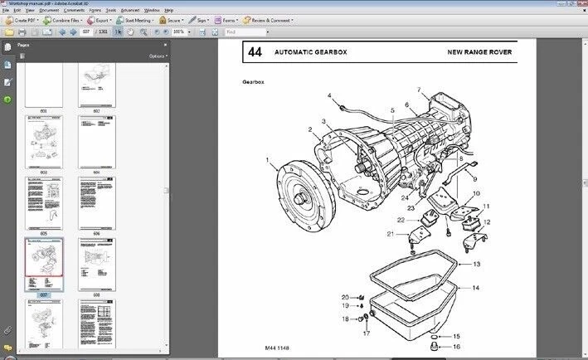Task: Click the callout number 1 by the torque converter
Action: click(267, 159)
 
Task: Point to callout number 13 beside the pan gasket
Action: click(476, 264)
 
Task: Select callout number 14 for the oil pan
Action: click(476, 287)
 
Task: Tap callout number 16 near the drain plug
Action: click(455, 346)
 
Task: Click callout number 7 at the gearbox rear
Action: click(419, 90)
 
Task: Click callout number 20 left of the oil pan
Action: click(345, 297)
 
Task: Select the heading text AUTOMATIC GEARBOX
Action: click(311, 52)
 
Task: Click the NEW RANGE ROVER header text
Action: click(479, 52)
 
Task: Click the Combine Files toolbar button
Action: click(63, 19)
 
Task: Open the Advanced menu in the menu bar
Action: click(129, 10)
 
